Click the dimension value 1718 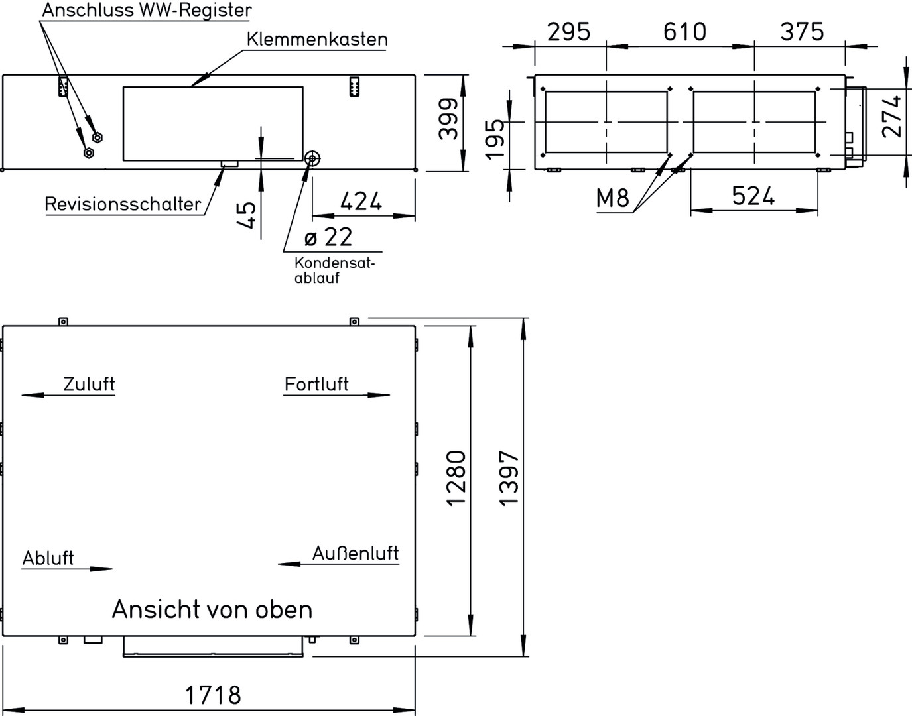tap(213, 695)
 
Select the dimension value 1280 tap(456, 478)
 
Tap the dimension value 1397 tap(510, 478)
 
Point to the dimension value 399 tap(448, 119)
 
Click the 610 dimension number tap(684, 32)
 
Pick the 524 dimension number tap(753, 196)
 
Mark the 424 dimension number tap(361, 202)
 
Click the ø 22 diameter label tap(328, 237)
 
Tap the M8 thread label tap(613, 198)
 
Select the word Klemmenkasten tap(317, 39)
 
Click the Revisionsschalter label tap(123, 204)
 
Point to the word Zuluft tap(89, 384)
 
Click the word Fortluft tap(316, 384)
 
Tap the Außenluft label tap(356, 554)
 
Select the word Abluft tap(48, 558)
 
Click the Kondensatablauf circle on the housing tap(312, 158)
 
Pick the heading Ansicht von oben tap(212, 609)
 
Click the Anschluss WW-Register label tap(147, 10)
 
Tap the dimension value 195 tap(495, 139)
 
